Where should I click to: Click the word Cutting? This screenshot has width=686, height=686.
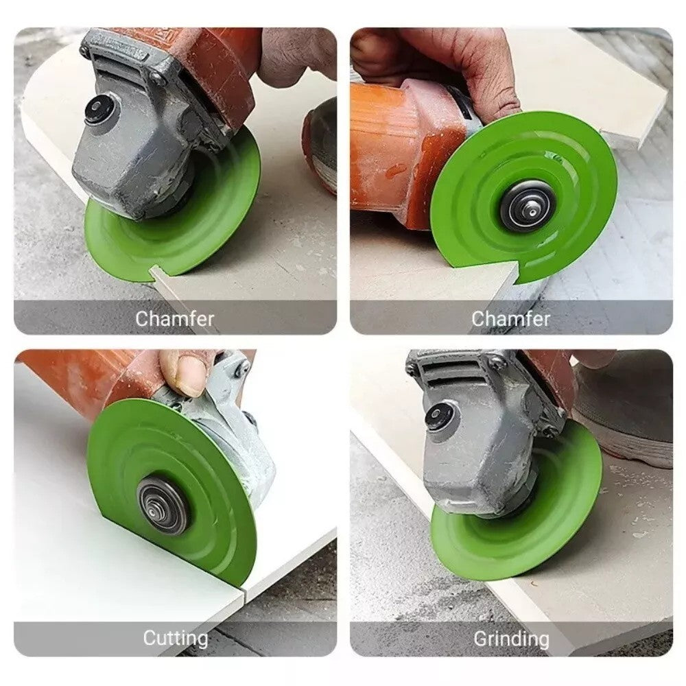[x=175, y=639]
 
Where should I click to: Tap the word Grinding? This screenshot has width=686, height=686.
[x=511, y=639]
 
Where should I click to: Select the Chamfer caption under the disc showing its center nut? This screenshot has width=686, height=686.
[x=511, y=318]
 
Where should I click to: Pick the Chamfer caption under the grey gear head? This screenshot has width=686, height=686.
[x=175, y=318]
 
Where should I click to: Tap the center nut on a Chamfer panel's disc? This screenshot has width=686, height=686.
[x=525, y=205]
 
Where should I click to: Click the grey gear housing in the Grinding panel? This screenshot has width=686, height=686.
[x=480, y=439]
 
